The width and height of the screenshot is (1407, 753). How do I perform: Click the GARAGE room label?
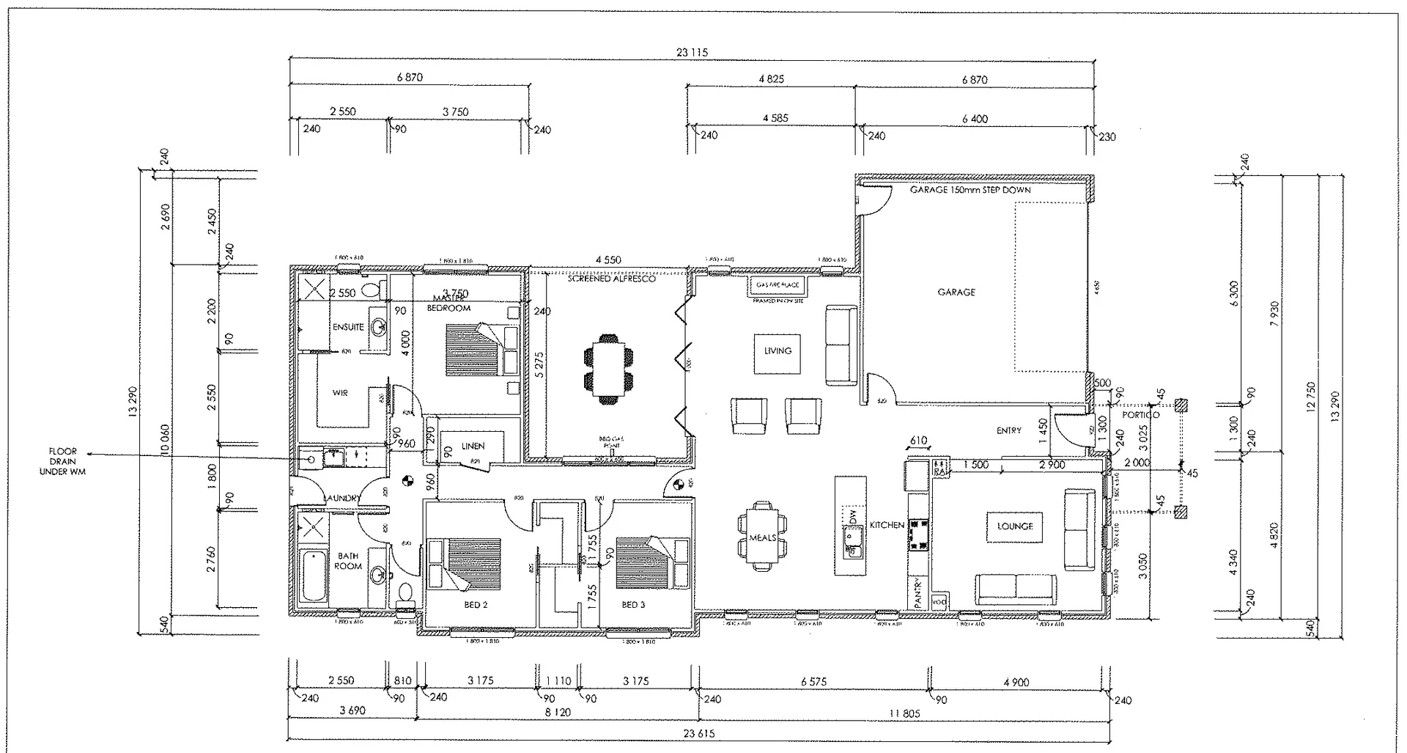pyautogui.click(x=956, y=292)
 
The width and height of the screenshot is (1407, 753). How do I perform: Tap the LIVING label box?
pyautogui.click(x=778, y=351)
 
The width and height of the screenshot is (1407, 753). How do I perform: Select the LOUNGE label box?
pyautogui.click(x=1015, y=526)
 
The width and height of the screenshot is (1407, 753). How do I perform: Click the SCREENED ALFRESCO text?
pyautogui.click(x=611, y=279)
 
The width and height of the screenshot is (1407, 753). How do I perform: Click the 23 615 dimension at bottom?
pyautogui.click(x=698, y=733)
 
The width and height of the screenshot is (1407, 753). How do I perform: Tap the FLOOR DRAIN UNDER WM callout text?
pyautogui.click(x=62, y=462)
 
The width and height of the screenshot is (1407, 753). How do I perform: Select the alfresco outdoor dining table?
pyautogui.click(x=608, y=370)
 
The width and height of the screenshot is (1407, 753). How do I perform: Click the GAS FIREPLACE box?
pyautogui.click(x=778, y=284)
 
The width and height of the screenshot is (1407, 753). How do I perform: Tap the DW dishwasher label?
pyautogui.click(x=852, y=516)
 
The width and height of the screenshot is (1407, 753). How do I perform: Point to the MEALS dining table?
pyautogui.click(x=762, y=537)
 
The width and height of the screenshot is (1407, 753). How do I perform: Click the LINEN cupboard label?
pyautogui.click(x=473, y=446)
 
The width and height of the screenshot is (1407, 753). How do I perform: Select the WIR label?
pyautogui.click(x=340, y=394)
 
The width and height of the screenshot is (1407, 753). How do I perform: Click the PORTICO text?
pyautogui.click(x=1140, y=415)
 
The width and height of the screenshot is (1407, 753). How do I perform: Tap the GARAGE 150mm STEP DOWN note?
pyautogui.click(x=970, y=190)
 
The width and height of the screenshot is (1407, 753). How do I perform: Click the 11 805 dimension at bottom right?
pyautogui.click(x=904, y=713)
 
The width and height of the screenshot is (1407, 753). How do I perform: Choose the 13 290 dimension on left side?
pyautogui.click(x=133, y=402)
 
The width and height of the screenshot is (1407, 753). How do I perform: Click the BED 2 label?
pyautogui.click(x=476, y=605)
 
